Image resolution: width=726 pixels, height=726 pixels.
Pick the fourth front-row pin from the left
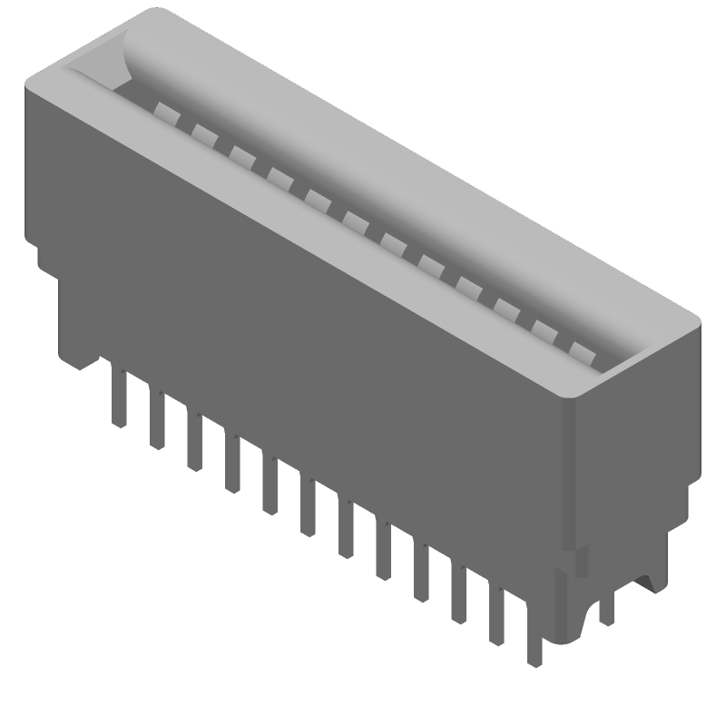[x=232, y=465]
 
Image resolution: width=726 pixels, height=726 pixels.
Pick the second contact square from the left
[x=201, y=133]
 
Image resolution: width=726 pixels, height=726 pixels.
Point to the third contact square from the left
[x=240, y=155]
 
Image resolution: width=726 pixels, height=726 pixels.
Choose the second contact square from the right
[x=543, y=329]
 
